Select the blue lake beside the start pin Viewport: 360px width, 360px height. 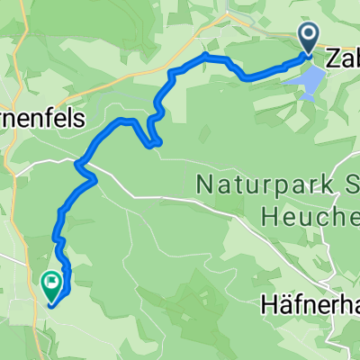coord(304,84)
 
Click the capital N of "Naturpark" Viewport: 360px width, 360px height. coord(203,187)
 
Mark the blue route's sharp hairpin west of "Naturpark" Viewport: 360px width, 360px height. coord(157,141)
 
